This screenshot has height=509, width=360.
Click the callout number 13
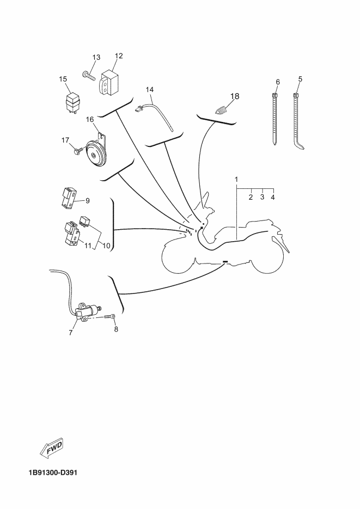click(x=96, y=58)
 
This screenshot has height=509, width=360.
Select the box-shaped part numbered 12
click(x=109, y=82)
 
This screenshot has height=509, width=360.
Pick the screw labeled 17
click(x=78, y=150)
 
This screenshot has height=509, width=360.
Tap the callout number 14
click(x=150, y=90)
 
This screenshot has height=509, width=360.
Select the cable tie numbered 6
click(x=274, y=119)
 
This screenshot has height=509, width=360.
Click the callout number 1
click(x=237, y=179)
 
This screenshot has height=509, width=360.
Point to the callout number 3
click(x=263, y=197)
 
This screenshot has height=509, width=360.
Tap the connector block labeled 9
click(x=69, y=198)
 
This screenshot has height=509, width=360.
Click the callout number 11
click(x=88, y=246)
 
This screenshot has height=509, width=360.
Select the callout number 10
click(x=106, y=246)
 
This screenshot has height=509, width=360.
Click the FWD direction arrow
click(x=52, y=449)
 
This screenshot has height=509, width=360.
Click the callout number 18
click(x=235, y=96)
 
